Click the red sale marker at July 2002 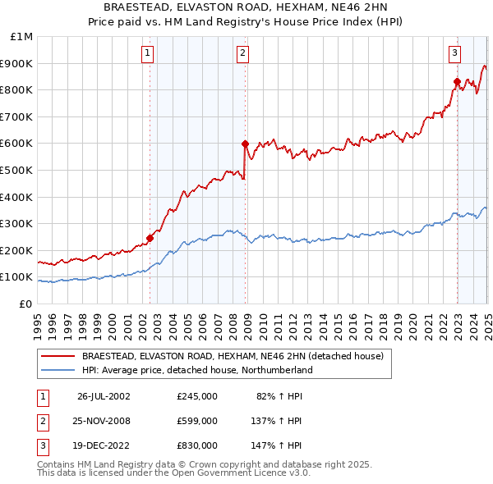click(x=150, y=238)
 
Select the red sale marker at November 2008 click(x=245, y=144)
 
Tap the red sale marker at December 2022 click(x=457, y=81)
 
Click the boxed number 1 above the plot click(x=147, y=54)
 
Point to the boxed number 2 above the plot click(x=243, y=54)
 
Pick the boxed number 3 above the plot click(x=454, y=54)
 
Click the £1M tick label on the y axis click(x=21, y=37)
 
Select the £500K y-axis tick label click(x=17, y=171)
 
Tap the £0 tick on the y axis click(x=25, y=304)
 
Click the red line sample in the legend click(x=58, y=357)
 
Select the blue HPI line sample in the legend click(x=58, y=371)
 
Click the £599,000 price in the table click(x=197, y=421)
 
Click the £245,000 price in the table click(x=197, y=396)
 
